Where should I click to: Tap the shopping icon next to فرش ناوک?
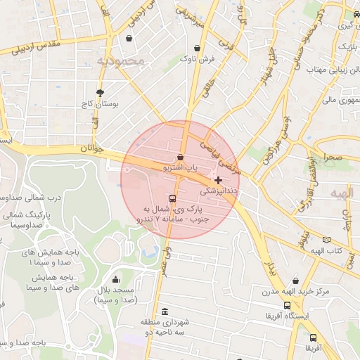point(198,49)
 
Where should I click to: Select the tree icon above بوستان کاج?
point(100,93)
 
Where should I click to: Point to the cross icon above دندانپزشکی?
point(218,180)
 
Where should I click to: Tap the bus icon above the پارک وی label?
point(173,199)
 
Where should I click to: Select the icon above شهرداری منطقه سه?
point(165,311)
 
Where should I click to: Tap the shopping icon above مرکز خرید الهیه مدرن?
point(295,281)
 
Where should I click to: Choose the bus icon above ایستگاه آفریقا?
point(287,306)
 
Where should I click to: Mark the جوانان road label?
point(91,150)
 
